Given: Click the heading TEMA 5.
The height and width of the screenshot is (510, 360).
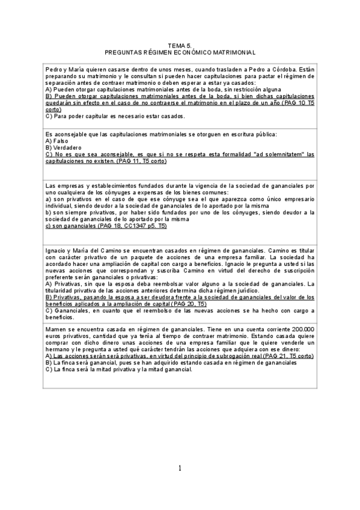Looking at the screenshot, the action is tap(180, 45).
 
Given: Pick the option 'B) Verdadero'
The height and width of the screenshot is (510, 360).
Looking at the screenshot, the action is tap(64, 147).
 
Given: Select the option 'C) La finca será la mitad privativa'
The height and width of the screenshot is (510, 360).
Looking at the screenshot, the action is tap(119, 369).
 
